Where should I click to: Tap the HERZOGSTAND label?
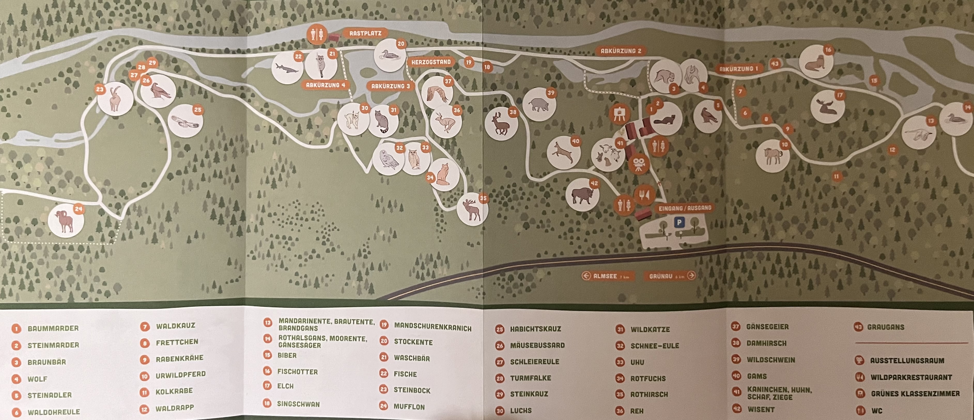click(431, 62)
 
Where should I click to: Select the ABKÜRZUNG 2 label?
click(621, 51)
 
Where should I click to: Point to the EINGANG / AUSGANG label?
click(684, 208)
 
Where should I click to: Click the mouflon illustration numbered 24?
click(66, 221)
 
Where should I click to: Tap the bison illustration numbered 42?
click(582, 195)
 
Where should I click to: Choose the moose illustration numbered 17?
click(827, 107)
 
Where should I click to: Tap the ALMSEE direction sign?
click(608, 276)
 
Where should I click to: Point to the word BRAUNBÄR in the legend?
click(47, 362)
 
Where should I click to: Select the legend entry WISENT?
click(761, 409)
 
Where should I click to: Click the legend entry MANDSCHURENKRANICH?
click(432, 328)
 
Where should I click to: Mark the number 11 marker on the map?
click(836, 176)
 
